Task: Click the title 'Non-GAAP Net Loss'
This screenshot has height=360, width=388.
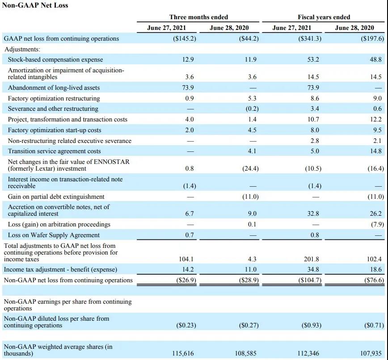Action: click(35, 5)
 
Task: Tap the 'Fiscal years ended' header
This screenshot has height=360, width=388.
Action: click(324, 17)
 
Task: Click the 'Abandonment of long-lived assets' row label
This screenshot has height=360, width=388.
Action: click(54, 88)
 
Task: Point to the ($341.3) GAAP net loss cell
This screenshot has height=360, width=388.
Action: click(309, 38)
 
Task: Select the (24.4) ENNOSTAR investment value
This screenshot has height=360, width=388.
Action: click(249, 168)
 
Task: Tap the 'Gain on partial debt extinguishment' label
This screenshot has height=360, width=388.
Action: click(56, 197)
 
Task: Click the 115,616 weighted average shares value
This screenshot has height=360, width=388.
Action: click(183, 353)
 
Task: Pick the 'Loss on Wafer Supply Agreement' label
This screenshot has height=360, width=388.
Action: click(54, 235)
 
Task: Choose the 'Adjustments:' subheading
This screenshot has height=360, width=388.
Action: click(22, 49)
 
